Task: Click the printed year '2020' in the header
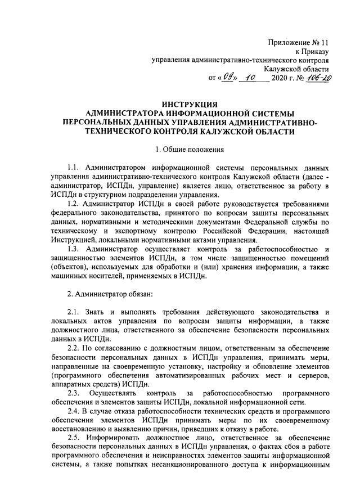tap(279, 79)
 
